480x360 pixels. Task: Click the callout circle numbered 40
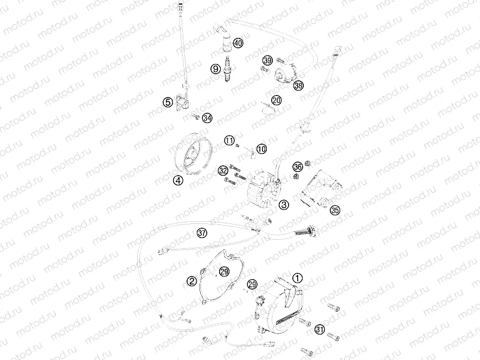pos(238,43)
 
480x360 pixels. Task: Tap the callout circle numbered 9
pos(216,69)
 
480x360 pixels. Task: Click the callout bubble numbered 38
pos(298,86)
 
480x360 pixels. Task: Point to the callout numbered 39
pos(268,60)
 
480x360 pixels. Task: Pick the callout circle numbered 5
pos(168,102)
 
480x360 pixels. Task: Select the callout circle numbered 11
pos(229,140)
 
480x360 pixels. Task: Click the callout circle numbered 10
pos(261,149)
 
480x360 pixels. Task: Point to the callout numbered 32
pos(223,171)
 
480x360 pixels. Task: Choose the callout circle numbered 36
pos(298,167)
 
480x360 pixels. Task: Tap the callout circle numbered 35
pos(335,210)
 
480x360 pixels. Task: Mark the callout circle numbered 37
pos(202,233)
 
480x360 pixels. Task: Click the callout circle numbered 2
pos(192,281)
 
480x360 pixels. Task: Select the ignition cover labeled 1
pos(279,306)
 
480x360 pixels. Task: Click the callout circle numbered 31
pos(320,330)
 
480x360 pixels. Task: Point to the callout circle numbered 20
pos(277,100)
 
